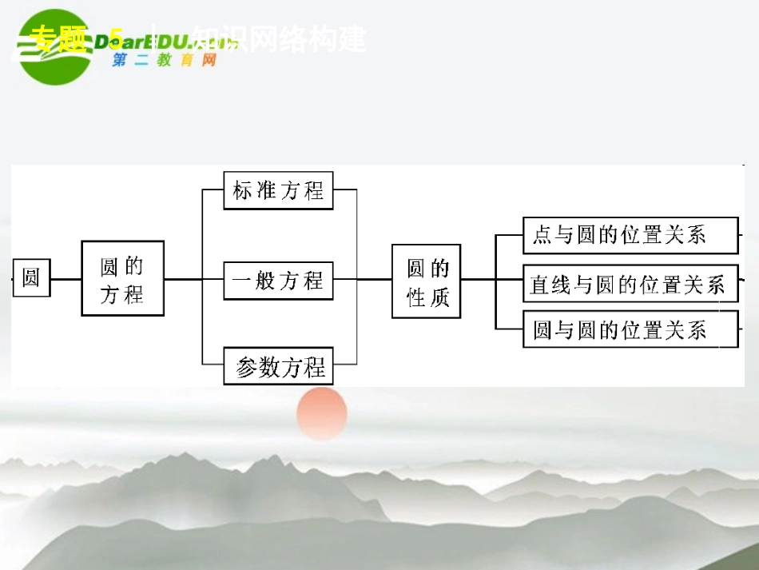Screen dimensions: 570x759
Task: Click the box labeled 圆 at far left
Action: pyautogui.click(x=31, y=277)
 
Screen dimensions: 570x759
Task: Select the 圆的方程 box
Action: pyautogui.click(x=122, y=278)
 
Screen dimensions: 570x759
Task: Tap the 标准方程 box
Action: pyautogui.click(x=278, y=190)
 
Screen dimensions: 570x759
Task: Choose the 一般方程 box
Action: pyautogui.click(x=278, y=280)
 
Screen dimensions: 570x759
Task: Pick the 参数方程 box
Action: pyautogui.click(x=278, y=367)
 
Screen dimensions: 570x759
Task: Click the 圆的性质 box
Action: pyautogui.click(x=426, y=281)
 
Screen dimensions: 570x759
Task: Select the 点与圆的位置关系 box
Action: pyautogui.click(x=630, y=235)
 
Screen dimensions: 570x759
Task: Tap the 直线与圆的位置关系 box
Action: pyautogui.click(x=630, y=284)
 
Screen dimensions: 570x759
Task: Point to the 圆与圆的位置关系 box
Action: pyautogui.click(x=630, y=329)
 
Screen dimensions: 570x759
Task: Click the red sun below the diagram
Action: pyautogui.click(x=322, y=413)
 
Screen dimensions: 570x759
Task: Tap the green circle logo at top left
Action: pyautogui.click(x=56, y=46)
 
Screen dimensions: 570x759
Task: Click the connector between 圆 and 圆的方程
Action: pyautogui.click(x=66, y=279)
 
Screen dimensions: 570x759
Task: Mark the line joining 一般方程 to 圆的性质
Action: pyautogui.click(x=362, y=280)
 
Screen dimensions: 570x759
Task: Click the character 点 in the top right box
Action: pyautogui.click(x=542, y=235)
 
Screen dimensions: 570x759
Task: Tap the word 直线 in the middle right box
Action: pyautogui.click(x=550, y=285)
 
